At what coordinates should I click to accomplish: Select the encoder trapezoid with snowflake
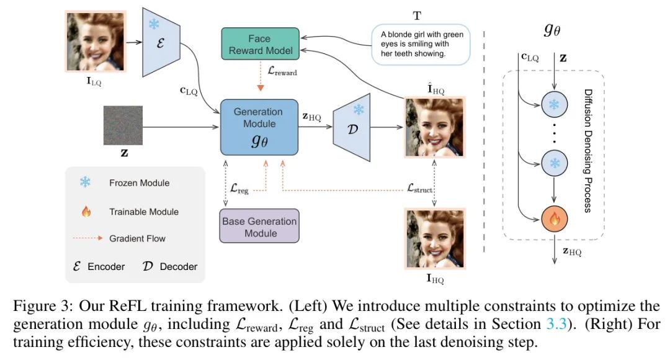tap(159, 42)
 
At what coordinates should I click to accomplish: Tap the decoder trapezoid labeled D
tap(352, 125)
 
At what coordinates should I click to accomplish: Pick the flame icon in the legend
tap(86, 212)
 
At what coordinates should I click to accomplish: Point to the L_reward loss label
tap(282, 73)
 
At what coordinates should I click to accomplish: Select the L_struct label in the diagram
tap(419, 187)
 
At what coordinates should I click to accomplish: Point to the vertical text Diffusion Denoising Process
tap(587, 150)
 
